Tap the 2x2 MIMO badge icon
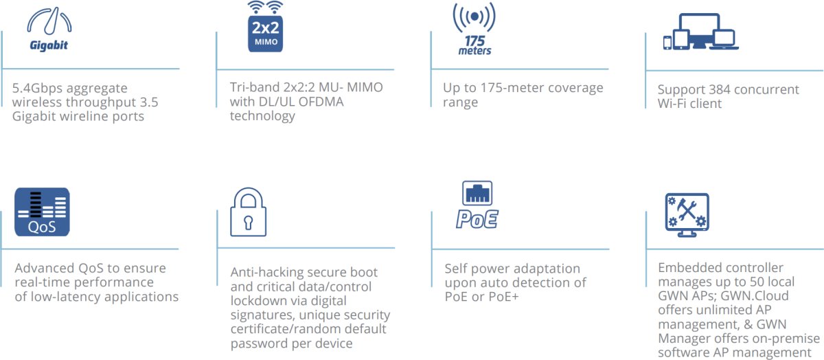click(266, 27)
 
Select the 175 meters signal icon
click(474, 28)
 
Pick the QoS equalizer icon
click(42, 212)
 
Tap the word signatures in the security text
click(265, 315)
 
